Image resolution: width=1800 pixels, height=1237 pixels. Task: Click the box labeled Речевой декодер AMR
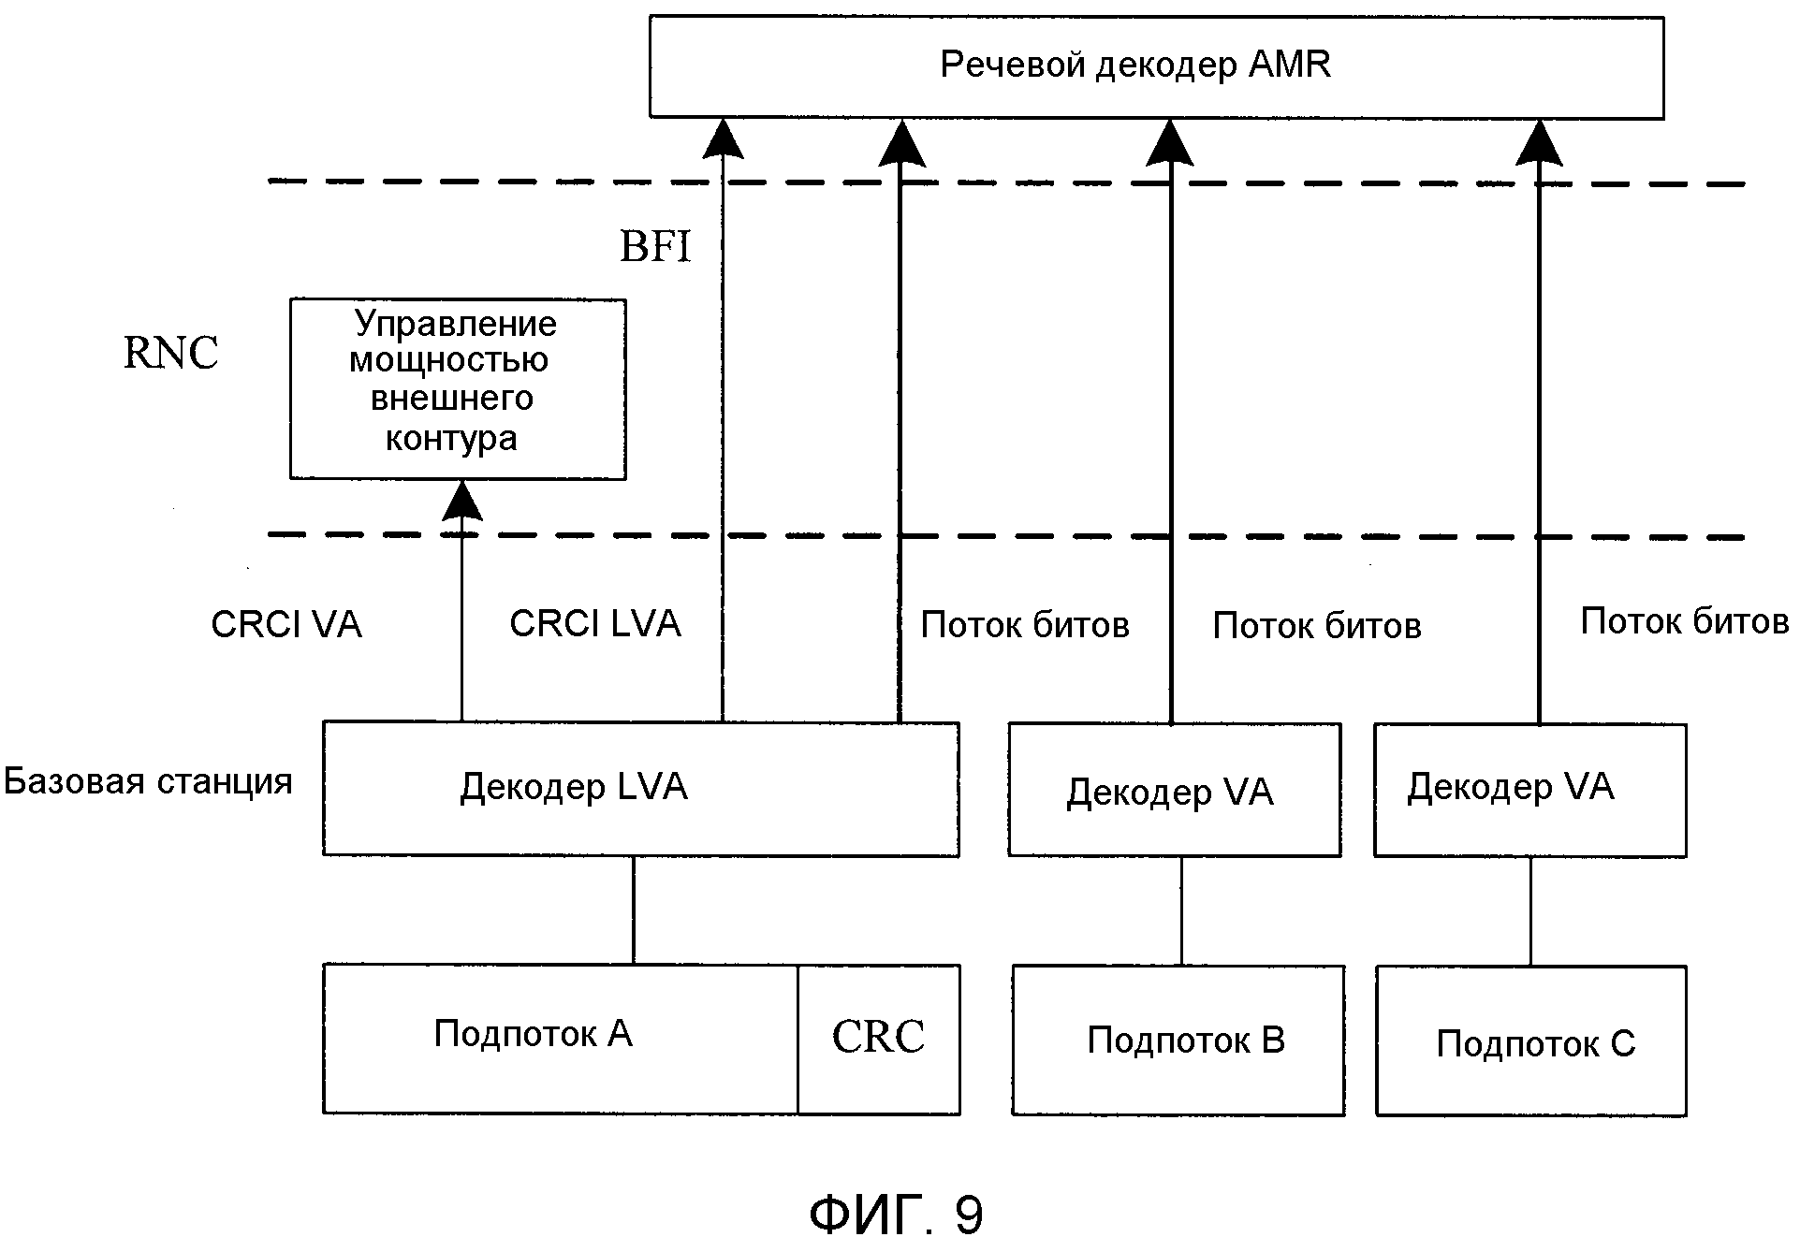coord(1156,66)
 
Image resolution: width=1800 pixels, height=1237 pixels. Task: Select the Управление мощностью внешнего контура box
coord(458,389)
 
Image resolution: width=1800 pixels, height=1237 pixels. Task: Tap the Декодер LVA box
coord(640,788)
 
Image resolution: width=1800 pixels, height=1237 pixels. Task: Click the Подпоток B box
coord(1178,1040)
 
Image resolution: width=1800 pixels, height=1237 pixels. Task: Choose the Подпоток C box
coord(1530,1041)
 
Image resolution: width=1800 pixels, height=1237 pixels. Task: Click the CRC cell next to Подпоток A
coord(878,1038)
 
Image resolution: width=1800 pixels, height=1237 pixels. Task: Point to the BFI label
coord(655,247)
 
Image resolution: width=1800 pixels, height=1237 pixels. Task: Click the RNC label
coord(170,354)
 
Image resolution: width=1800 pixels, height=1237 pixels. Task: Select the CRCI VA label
coord(286,625)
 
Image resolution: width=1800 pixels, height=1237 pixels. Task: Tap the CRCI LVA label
coord(595,624)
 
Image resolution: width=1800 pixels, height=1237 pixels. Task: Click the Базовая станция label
coord(148,780)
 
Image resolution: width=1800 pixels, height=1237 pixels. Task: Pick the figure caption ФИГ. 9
coord(896,1214)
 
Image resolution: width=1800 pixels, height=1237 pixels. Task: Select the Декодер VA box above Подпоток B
coord(1174,790)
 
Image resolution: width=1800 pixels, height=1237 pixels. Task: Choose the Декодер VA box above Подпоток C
coord(1529,790)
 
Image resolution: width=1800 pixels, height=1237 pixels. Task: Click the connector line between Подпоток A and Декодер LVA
coord(634,910)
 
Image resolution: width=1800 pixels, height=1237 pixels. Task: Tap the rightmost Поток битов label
coord(1685,621)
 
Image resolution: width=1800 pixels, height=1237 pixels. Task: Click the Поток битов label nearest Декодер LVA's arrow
coord(1025,625)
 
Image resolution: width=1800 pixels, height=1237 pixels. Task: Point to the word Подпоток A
coord(533,1034)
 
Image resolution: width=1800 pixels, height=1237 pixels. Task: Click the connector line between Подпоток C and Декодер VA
coord(1530,910)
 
